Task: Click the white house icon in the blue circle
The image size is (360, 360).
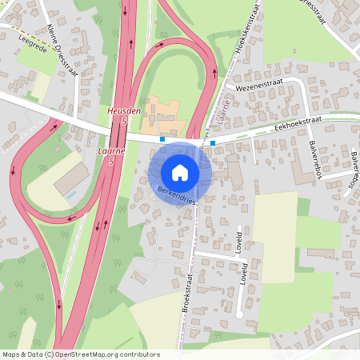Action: pyautogui.click(x=180, y=172)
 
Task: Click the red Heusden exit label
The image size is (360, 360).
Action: pyautogui.click(x=124, y=111)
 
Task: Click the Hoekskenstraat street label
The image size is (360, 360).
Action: pyautogui.click(x=247, y=41)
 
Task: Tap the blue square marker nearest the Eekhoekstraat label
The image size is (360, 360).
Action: pyautogui.click(x=213, y=142)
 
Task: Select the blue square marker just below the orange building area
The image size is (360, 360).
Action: pyautogui.click(x=162, y=138)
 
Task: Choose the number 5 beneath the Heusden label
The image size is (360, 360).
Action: pyautogui.click(x=124, y=122)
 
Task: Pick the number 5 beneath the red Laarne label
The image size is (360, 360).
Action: pyautogui.click(x=111, y=162)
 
